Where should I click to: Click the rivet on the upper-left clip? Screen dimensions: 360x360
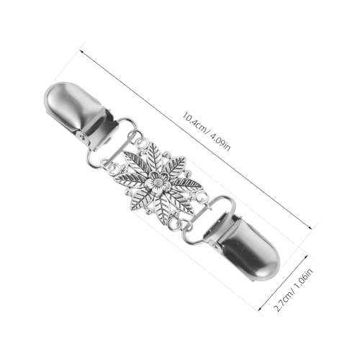click(84, 137)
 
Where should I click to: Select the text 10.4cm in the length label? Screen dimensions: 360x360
click(194, 122)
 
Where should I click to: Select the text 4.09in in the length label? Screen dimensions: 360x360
click(220, 142)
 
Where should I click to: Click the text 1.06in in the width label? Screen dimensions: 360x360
click(305, 280)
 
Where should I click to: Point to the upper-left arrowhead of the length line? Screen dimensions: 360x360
click(81, 51)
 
